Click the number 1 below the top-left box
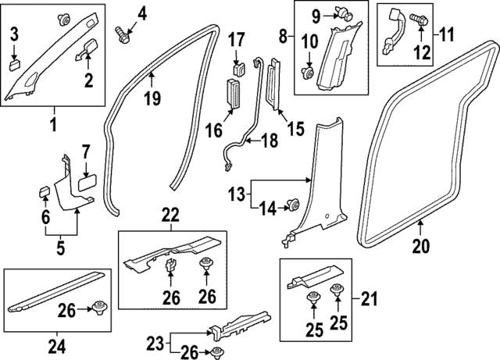pyautogui.click(x=53, y=123)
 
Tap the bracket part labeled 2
pyautogui.click(x=88, y=50)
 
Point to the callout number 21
pyautogui.click(x=369, y=297)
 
